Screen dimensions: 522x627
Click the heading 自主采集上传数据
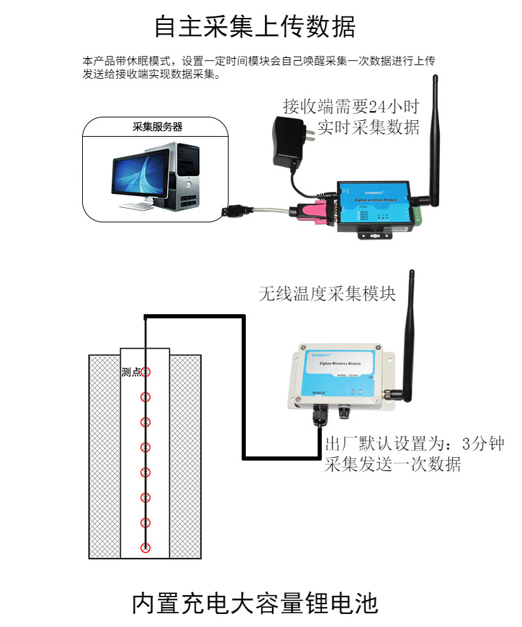click(x=255, y=27)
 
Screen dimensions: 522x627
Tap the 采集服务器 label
click(x=158, y=127)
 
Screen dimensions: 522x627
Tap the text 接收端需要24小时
click(x=351, y=107)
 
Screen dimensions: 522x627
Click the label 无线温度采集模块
click(x=327, y=293)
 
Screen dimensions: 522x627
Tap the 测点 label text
click(x=130, y=372)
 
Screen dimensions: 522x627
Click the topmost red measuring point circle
click(x=145, y=372)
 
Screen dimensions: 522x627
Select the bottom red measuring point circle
click(x=145, y=548)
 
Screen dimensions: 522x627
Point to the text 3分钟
click(x=484, y=443)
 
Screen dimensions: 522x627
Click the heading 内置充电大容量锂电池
click(x=255, y=603)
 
